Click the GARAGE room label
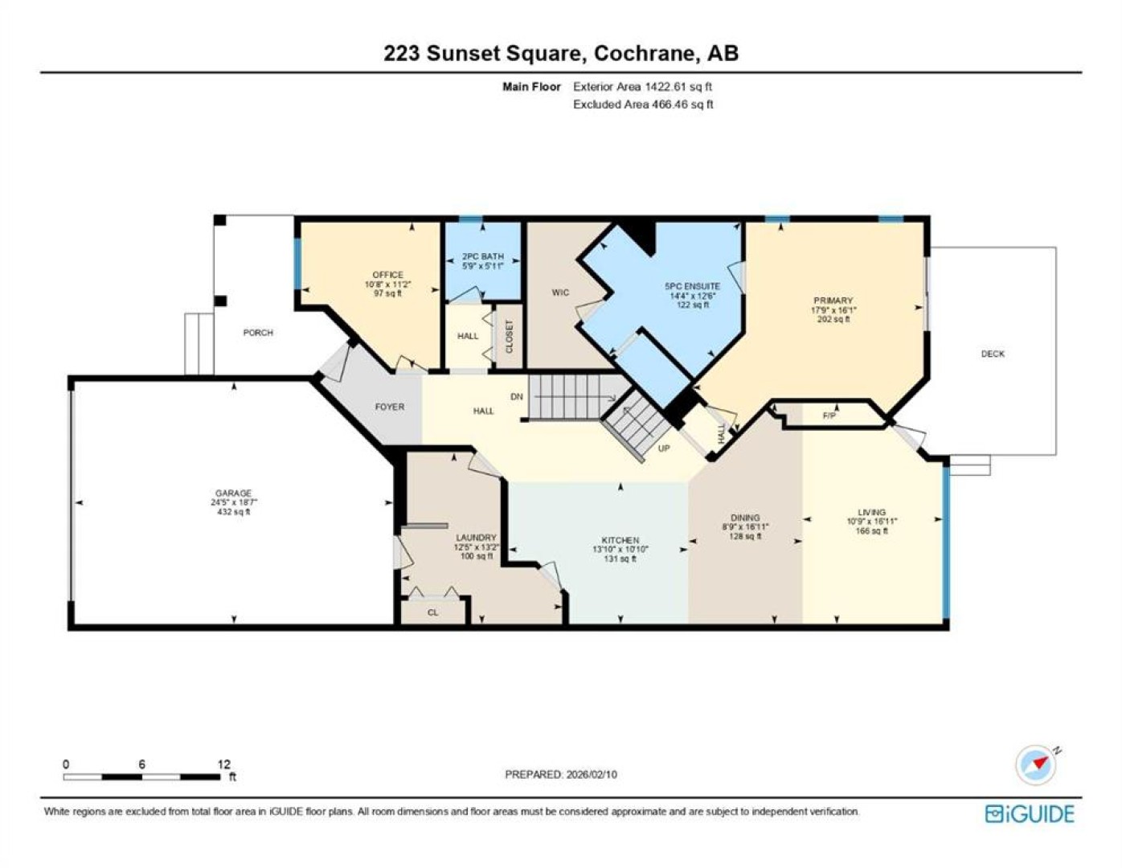(233, 493)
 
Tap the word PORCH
(258, 333)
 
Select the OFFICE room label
(387, 275)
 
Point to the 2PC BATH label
(483, 256)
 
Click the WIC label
(560, 293)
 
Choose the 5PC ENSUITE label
(692, 286)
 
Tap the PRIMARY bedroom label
(833, 301)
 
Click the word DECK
(993, 354)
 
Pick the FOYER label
(390, 407)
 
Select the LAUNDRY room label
(476, 538)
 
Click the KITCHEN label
(620, 540)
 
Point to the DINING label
(745, 518)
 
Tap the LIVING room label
(871, 512)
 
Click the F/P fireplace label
(829, 415)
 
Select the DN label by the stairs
(517, 396)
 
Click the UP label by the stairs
(664, 448)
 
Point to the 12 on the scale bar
(224, 765)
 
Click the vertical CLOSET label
(510, 336)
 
